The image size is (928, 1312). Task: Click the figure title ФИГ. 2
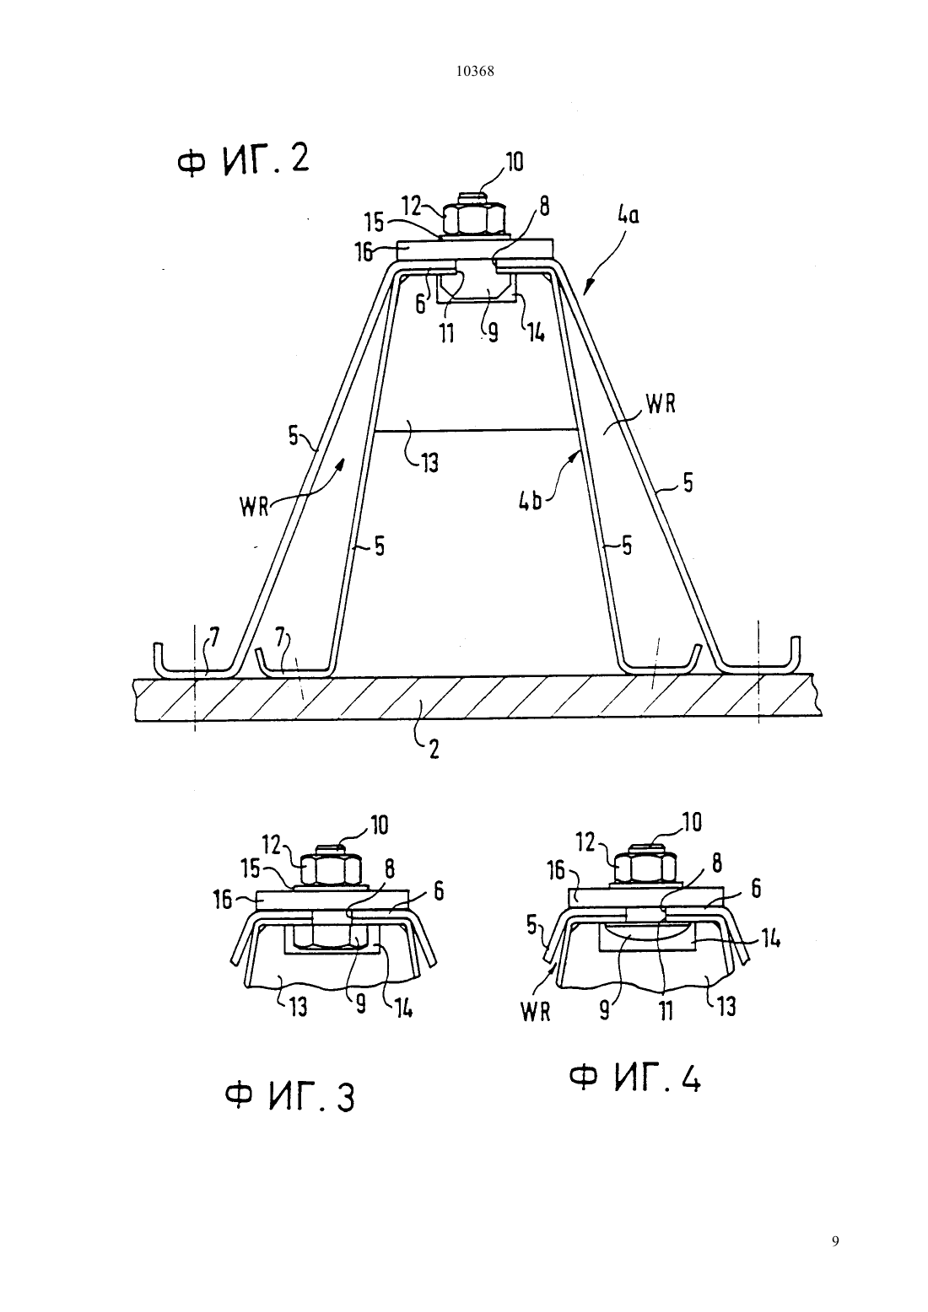(x=243, y=159)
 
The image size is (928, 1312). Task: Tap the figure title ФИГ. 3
(x=290, y=1097)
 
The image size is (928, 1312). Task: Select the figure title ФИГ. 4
(x=635, y=1078)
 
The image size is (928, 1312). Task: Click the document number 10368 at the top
(x=474, y=72)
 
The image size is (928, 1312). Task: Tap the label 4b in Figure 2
(x=531, y=502)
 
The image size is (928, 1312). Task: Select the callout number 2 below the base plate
(x=434, y=749)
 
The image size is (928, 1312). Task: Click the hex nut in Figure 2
(x=474, y=219)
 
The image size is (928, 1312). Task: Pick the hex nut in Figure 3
(x=331, y=869)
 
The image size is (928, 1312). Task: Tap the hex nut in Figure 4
(x=646, y=866)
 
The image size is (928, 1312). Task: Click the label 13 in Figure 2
(x=430, y=464)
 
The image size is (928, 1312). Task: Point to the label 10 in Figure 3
(x=379, y=825)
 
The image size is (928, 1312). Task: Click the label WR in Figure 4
(x=536, y=1013)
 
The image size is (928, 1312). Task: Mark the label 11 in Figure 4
(x=666, y=1010)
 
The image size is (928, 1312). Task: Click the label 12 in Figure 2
(x=412, y=207)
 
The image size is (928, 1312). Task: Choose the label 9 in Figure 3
(x=361, y=1004)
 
